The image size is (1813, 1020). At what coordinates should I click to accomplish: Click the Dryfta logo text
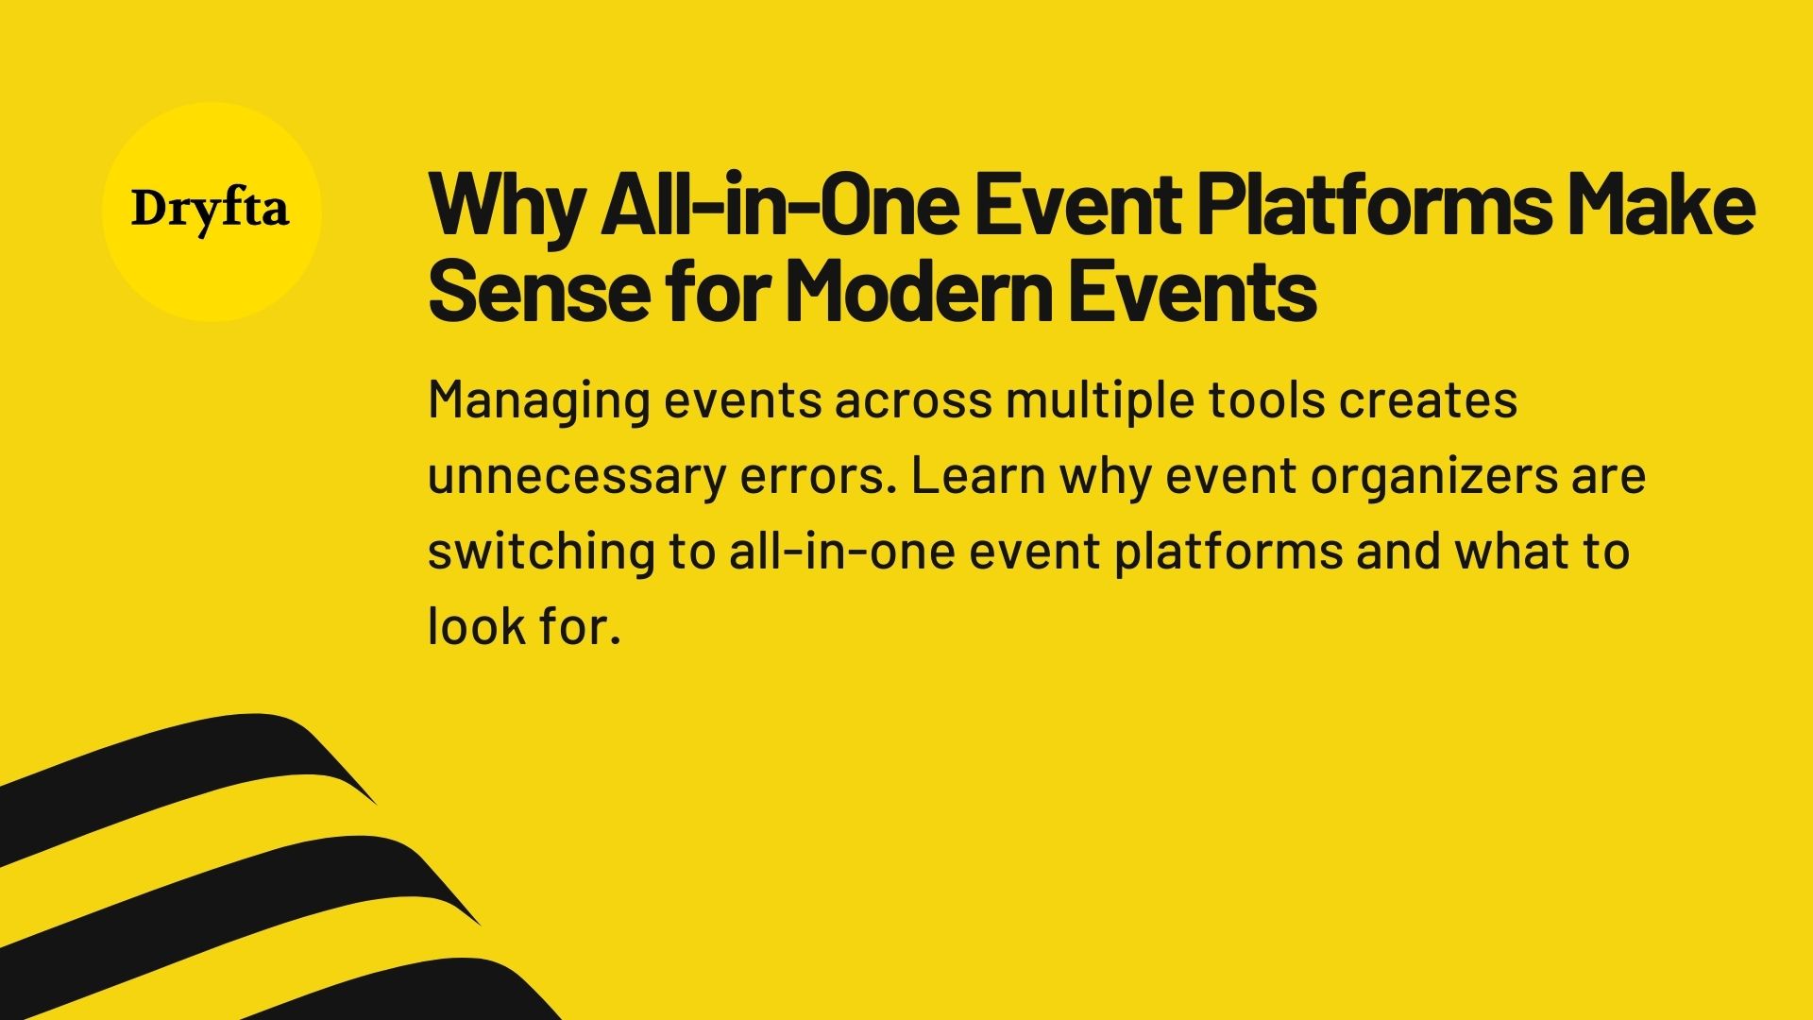click(211, 211)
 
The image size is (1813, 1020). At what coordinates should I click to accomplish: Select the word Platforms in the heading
click(1374, 206)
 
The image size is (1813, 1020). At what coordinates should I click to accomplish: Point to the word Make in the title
click(1663, 206)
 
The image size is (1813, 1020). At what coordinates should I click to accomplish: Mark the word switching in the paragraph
click(541, 552)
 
